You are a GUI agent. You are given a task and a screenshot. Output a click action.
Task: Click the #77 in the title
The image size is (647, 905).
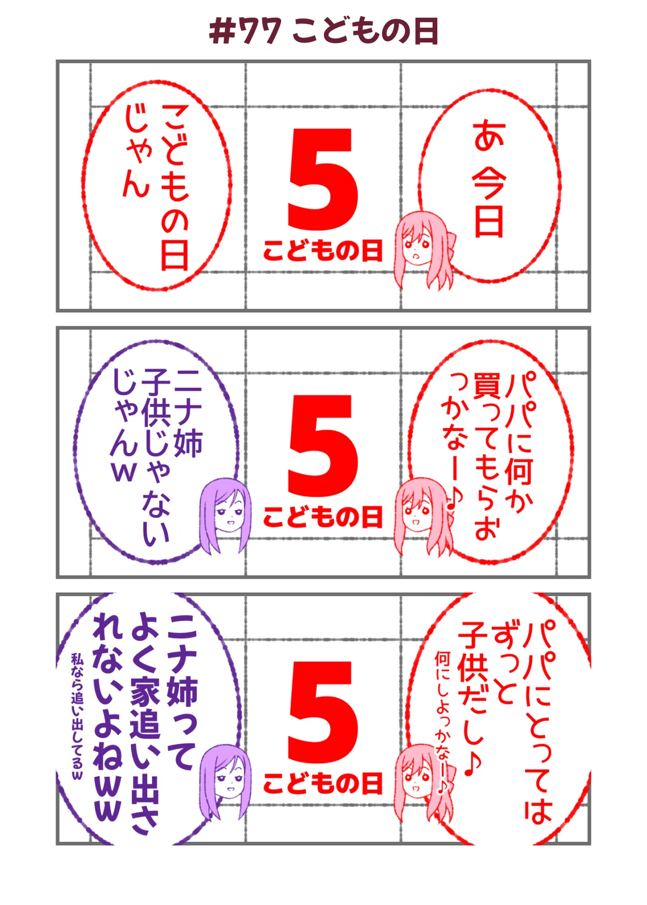(x=245, y=31)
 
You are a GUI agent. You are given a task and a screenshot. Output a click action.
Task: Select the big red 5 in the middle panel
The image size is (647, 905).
(x=323, y=445)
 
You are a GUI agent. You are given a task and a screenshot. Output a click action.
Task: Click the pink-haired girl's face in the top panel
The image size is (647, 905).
(x=417, y=247)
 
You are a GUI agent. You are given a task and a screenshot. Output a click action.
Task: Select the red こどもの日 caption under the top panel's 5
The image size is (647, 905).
(x=323, y=250)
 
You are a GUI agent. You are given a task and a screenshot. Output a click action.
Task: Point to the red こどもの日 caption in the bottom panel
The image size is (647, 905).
(x=323, y=784)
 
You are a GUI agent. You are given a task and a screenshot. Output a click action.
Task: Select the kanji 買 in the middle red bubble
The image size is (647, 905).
(x=487, y=385)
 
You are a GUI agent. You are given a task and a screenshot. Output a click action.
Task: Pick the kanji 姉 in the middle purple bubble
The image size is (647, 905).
(x=188, y=443)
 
